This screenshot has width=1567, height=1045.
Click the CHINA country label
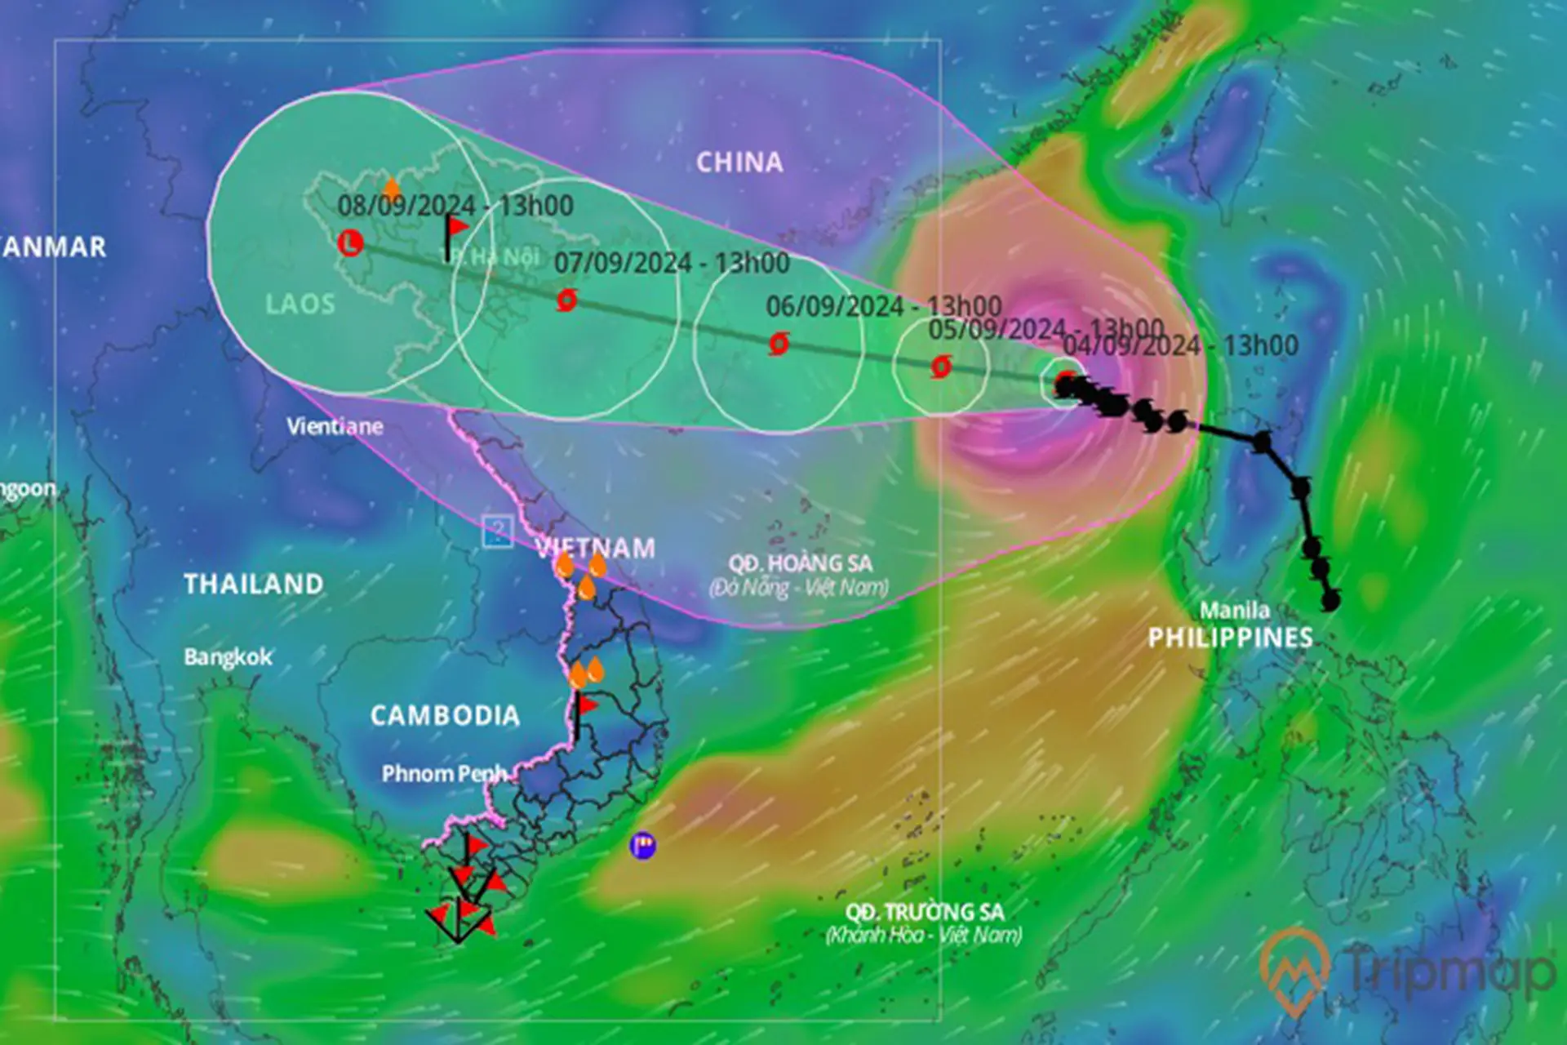click(x=739, y=162)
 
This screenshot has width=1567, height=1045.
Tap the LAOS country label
click(x=300, y=305)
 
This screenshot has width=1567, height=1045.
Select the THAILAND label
click(x=253, y=584)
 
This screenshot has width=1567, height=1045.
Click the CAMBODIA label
click(x=445, y=716)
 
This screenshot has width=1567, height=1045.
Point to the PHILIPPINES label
click(x=1230, y=638)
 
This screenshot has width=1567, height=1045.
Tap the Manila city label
click(x=1234, y=610)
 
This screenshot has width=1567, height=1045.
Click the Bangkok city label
click(x=228, y=657)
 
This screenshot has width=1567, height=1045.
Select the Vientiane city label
click(x=335, y=426)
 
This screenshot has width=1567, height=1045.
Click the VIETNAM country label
click(x=596, y=548)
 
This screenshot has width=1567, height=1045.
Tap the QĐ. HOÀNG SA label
click(x=800, y=563)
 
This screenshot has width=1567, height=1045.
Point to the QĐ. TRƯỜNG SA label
click(x=924, y=912)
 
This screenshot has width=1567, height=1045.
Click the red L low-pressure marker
click(x=350, y=242)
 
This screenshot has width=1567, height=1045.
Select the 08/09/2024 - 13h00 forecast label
click(x=455, y=205)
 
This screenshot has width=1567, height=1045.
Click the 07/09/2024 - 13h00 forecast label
click(x=672, y=263)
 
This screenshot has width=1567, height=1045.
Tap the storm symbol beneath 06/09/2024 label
click(x=779, y=344)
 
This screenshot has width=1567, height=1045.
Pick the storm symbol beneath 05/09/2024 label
click(x=940, y=367)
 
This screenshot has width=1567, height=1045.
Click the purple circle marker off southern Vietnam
click(x=643, y=845)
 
